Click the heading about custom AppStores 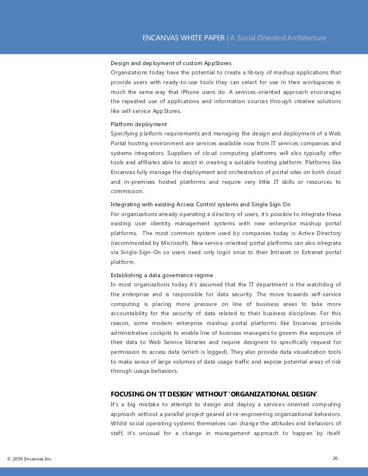click(171, 63)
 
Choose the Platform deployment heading click(138, 123)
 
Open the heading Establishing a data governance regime click(162, 274)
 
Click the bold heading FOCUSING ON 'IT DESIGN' click(213, 394)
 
